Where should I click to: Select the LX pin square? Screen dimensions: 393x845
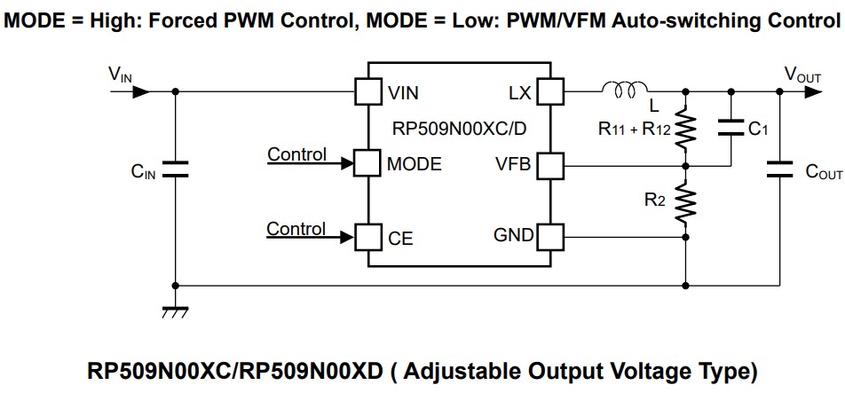551,90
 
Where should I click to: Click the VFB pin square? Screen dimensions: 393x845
551,164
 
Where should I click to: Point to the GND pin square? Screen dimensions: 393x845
551,236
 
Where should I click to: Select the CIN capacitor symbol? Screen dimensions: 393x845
175,170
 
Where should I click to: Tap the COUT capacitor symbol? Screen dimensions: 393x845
778,170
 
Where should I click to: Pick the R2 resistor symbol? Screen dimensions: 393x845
686,202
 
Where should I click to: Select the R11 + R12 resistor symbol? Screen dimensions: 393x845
686,130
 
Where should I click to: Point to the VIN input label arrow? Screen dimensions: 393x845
133,90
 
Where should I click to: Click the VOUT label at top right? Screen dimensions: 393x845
802,75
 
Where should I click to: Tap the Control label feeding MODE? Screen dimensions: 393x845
296,154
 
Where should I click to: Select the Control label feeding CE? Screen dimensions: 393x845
296,228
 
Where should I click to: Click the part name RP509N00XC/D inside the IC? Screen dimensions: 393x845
459,128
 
